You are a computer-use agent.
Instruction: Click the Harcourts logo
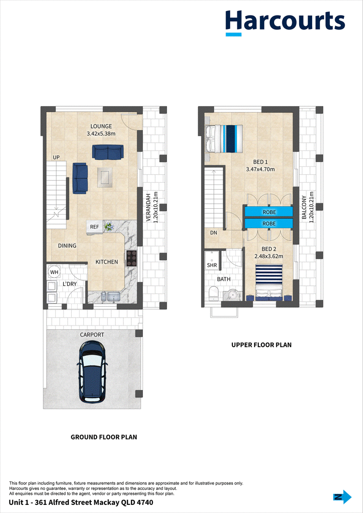[285, 23]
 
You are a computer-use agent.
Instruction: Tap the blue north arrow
[343, 497]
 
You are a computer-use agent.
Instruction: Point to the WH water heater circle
[54, 272]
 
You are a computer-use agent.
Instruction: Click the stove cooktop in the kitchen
[132, 259]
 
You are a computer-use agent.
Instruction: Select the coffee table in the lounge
[105, 176]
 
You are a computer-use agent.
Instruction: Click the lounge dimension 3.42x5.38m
[101, 133]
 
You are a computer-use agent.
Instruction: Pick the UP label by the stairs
[56, 158]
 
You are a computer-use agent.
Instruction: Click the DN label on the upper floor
[214, 233]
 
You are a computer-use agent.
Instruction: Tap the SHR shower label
[212, 265]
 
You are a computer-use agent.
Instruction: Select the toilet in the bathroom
[214, 293]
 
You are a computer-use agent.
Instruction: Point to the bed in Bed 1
[224, 138]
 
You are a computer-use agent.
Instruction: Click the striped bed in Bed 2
[269, 282]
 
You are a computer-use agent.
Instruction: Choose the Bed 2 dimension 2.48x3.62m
[269, 256]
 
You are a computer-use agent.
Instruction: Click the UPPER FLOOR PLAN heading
[261, 345]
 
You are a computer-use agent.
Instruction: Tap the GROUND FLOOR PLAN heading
[104, 437]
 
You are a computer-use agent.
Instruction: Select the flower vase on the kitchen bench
[108, 226]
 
